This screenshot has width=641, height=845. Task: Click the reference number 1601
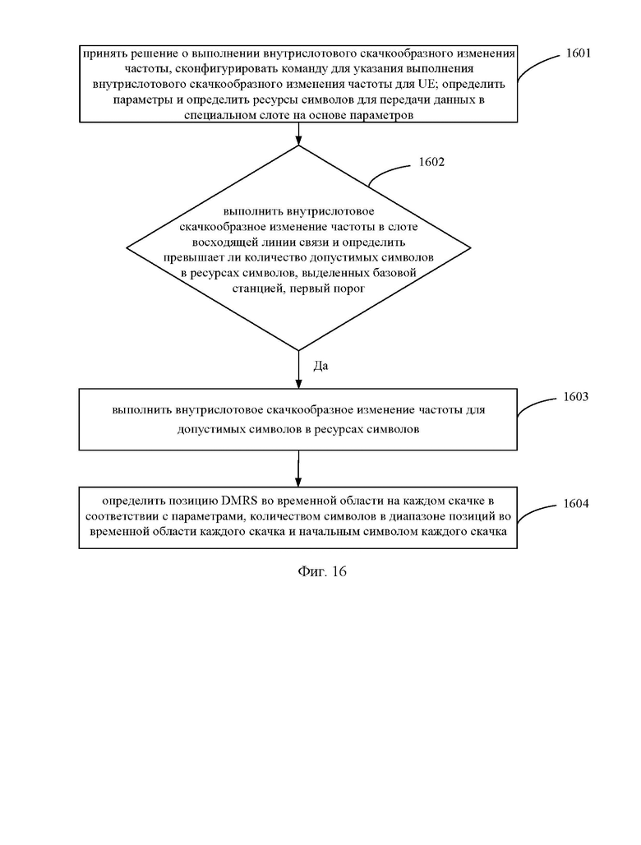578,53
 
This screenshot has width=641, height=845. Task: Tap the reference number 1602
431,162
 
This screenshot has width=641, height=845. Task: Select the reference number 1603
575,397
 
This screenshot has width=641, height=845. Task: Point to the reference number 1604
575,503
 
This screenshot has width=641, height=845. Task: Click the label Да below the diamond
320,366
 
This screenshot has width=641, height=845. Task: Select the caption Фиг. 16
321,572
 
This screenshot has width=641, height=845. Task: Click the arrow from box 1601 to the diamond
298,134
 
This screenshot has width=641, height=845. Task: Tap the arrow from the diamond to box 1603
298,369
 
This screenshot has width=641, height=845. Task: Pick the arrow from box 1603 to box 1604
298,469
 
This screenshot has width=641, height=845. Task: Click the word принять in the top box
101,53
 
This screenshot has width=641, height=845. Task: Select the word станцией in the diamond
258,289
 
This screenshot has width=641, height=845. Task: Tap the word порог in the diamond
351,289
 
